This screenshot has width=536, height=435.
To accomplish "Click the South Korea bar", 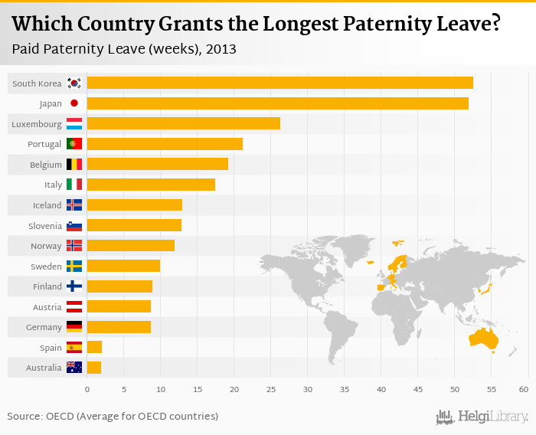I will point(279,83).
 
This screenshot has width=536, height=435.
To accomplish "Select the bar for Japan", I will point(277,103).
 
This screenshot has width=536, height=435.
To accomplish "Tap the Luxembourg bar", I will point(184,123).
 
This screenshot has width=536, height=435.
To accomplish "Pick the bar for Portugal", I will point(165,144).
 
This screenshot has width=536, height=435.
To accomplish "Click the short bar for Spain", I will point(94,347).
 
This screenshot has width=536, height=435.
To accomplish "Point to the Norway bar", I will point(131,245).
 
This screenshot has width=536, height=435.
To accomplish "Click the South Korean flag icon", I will point(74,83).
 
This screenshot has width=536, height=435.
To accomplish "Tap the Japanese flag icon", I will point(74,103).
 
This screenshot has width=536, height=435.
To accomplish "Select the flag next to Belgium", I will point(74,164).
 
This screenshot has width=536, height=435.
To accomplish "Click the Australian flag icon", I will point(74,368).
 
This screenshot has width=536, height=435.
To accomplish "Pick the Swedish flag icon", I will point(74,266).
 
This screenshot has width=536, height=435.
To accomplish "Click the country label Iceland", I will point(47,205).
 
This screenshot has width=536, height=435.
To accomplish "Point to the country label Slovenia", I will point(45,225).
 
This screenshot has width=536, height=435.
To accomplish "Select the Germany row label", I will point(44,327).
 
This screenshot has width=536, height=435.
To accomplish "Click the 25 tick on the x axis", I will point(271,390).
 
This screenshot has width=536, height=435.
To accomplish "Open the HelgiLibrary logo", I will point(482,417).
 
